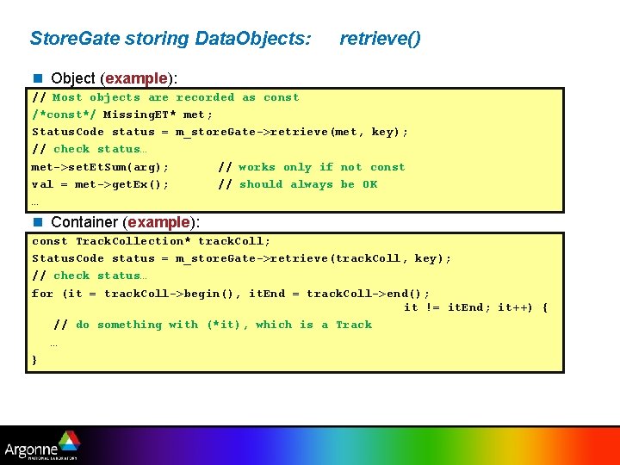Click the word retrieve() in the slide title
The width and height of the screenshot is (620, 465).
point(380,39)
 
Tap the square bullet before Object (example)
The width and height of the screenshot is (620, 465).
point(37,78)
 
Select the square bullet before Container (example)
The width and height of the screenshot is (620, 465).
point(37,222)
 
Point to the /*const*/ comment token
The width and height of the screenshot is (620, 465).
point(64,115)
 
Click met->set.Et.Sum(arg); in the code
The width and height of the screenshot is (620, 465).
point(100,167)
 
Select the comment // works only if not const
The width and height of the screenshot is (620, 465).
point(311,167)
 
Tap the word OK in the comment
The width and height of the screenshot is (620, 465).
point(369,184)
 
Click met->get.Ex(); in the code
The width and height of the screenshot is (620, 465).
point(100,184)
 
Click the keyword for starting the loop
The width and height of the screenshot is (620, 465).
point(42,294)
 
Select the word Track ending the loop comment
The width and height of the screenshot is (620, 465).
point(354,325)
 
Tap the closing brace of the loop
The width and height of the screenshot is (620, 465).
point(34,359)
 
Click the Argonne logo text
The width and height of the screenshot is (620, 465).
point(30,449)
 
